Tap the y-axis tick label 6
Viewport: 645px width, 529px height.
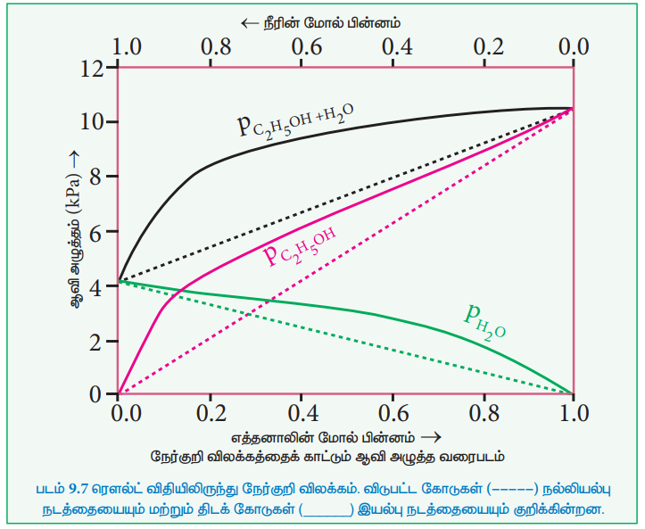coord(98,231)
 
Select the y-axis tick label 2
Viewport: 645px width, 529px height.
coord(98,341)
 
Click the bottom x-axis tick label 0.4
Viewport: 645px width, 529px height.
coord(302,413)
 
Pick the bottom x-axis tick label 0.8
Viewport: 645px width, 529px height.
coord(484,413)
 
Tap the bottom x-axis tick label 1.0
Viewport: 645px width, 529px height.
coord(574,413)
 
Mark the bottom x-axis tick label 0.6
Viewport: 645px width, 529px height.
coord(393,413)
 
